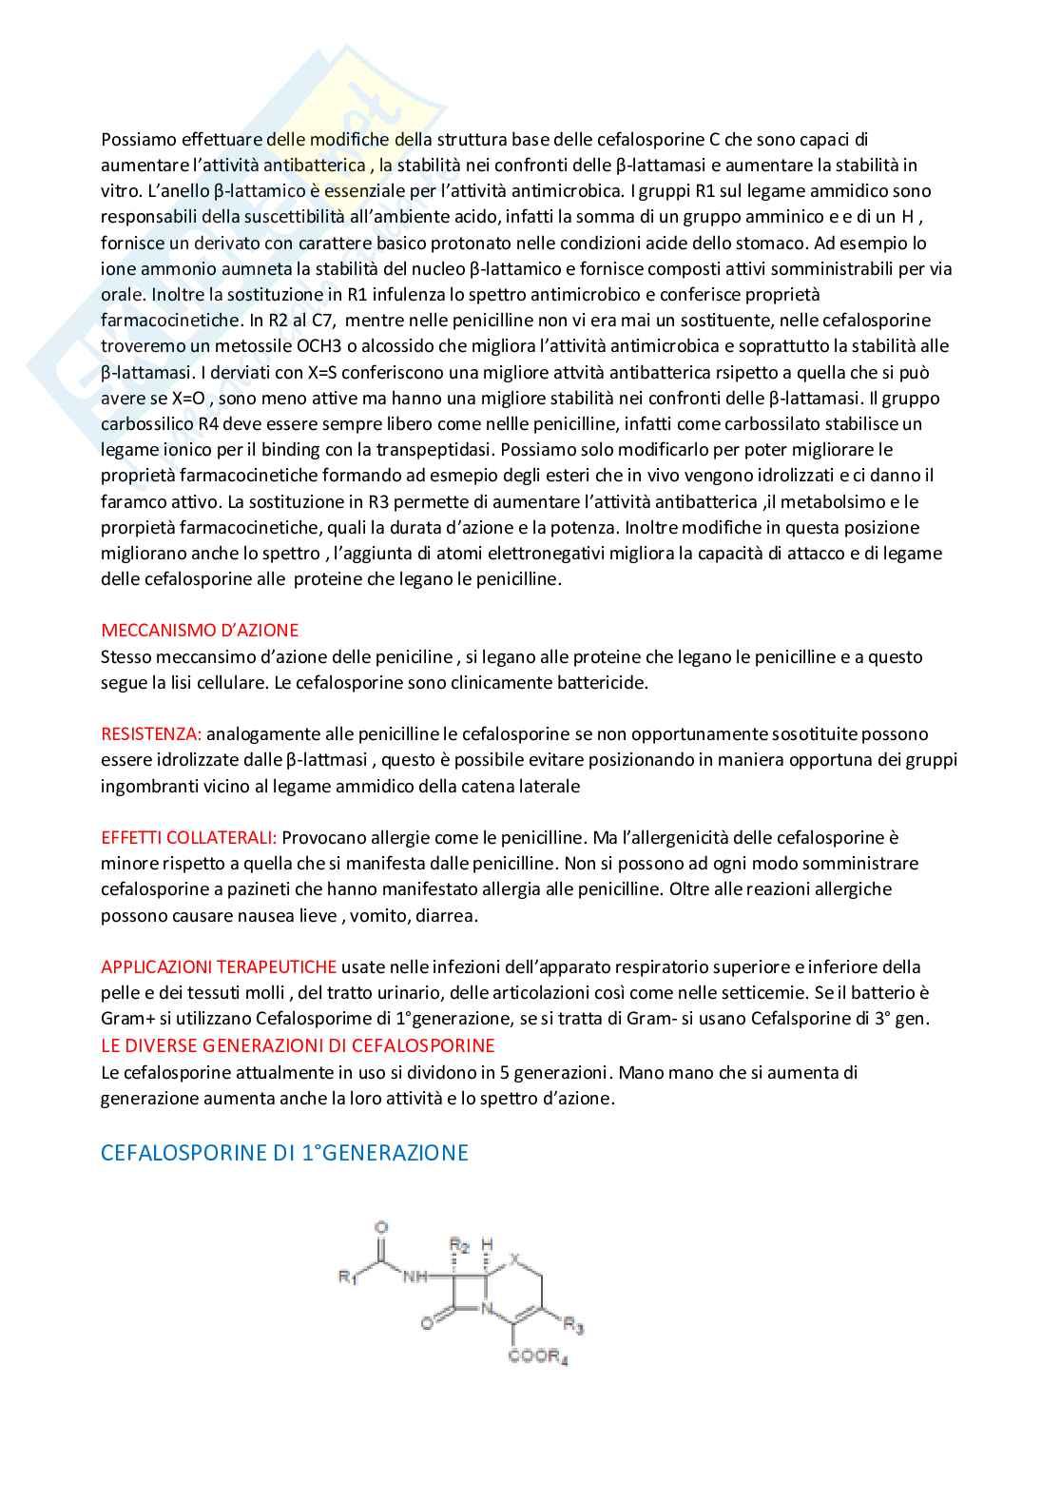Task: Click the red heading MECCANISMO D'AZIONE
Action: (x=200, y=630)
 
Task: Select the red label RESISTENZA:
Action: (x=151, y=733)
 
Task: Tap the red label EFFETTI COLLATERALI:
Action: (x=189, y=837)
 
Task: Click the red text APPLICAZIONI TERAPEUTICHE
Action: (x=219, y=966)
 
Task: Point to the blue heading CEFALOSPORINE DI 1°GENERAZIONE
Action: (x=284, y=1152)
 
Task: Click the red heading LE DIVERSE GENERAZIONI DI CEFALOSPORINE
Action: (x=298, y=1044)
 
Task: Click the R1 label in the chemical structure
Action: (x=348, y=1277)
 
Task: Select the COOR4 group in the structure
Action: (x=538, y=1356)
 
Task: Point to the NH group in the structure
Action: (x=415, y=1277)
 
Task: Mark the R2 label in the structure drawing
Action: (x=459, y=1244)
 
